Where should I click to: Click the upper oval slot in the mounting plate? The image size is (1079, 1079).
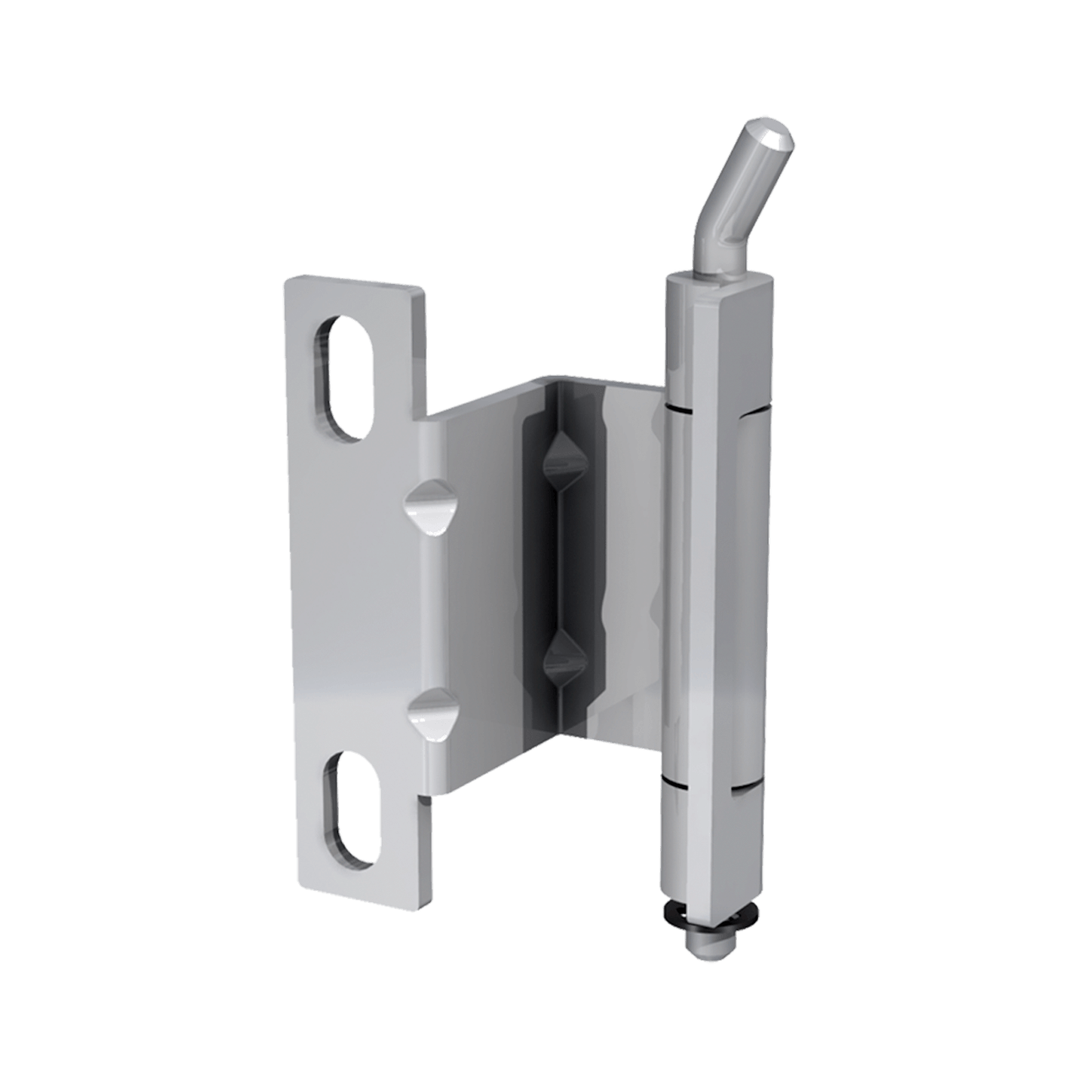click(x=344, y=377)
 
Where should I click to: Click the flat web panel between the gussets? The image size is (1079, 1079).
click(x=476, y=607)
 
